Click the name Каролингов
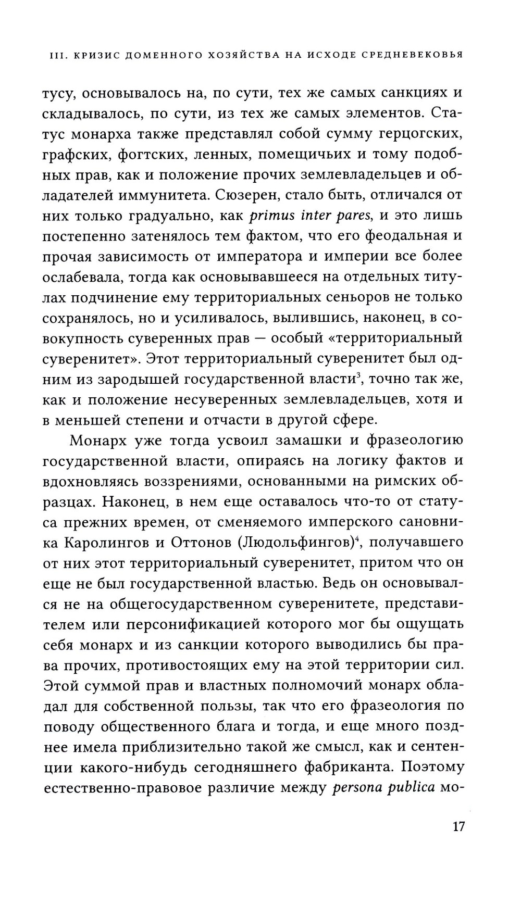click(107, 543)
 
